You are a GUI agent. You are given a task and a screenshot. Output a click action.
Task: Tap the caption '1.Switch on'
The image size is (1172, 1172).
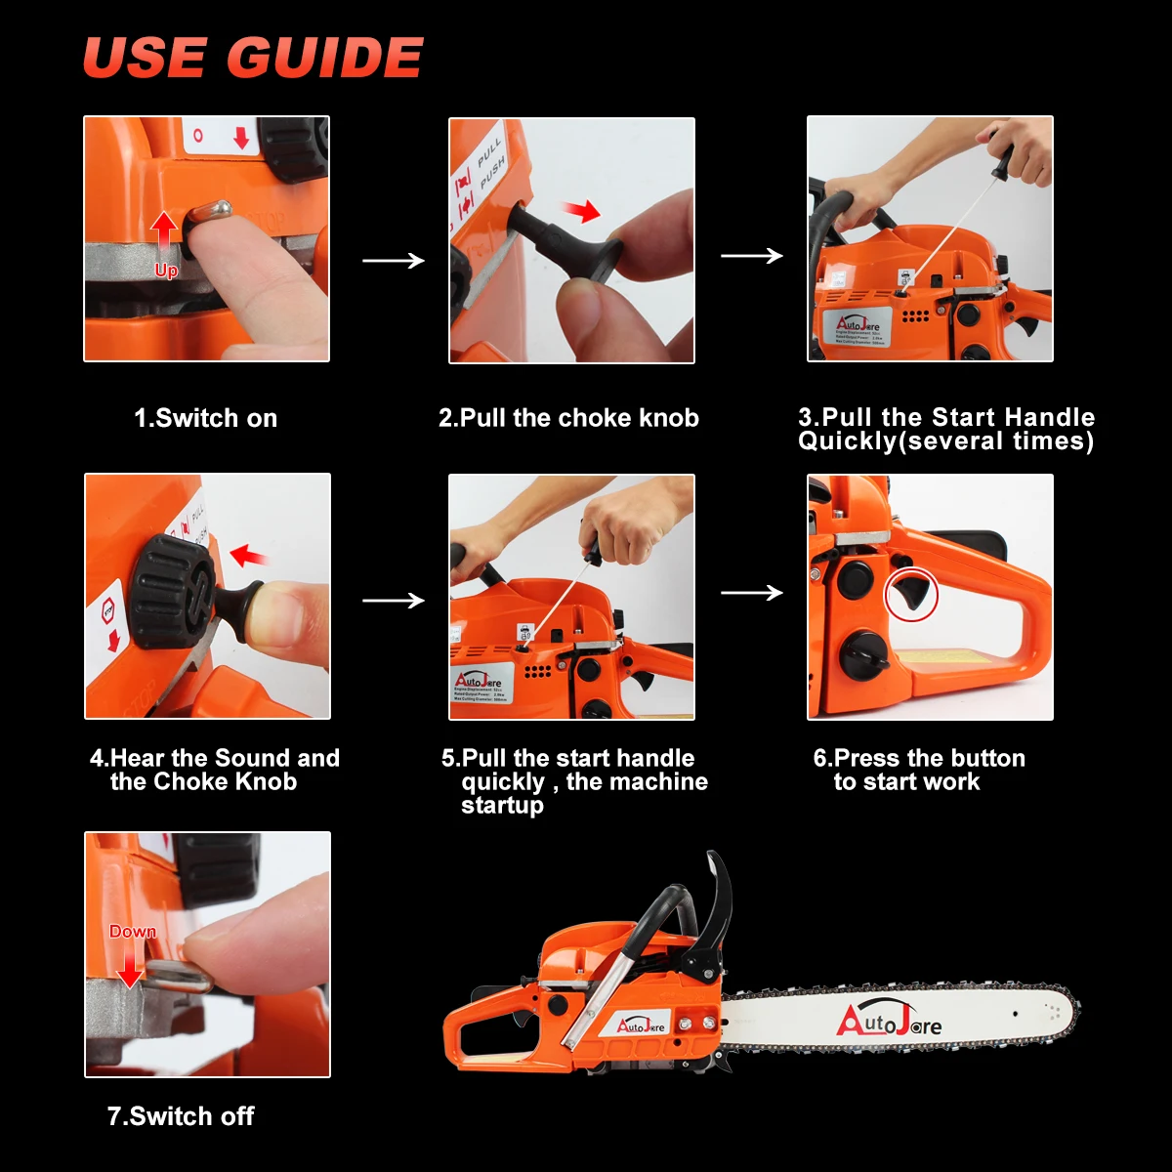(x=205, y=418)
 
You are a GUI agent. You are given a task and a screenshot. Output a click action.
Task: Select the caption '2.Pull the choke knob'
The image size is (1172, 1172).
(x=568, y=418)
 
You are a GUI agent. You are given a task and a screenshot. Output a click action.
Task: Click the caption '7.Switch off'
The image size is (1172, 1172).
(x=181, y=1116)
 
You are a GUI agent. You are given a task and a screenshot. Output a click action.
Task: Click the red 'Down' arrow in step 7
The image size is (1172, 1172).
(x=129, y=967)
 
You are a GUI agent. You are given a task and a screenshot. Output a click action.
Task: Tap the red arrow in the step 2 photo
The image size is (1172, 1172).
(x=582, y=210)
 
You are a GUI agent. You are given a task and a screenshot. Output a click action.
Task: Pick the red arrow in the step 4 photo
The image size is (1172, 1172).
(x=250, y=557)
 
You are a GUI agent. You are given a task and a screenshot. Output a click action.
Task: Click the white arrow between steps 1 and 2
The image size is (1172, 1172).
(x=393, y=261)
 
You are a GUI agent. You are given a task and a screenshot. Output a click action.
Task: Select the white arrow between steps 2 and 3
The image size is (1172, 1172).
(x=751, y=256)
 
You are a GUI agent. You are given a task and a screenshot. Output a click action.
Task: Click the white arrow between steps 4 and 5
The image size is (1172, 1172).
(x=393, y=600)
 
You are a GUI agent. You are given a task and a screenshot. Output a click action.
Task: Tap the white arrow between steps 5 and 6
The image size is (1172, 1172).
(x=751, y=593)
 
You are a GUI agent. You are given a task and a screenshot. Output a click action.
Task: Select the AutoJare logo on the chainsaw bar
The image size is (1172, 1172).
(x=889, y=1021)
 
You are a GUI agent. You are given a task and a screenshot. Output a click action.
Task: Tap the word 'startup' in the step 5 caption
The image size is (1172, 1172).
(x=502, y=806)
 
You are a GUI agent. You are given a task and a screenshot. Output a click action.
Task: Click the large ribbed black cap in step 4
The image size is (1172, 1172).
(x=173, y=592)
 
